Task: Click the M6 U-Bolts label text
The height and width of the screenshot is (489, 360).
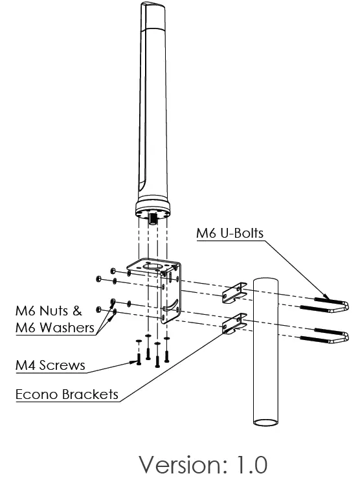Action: pyautogui.click(x=230, y=233)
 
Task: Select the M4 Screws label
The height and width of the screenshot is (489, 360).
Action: pyautogui.click(x=50, y=365)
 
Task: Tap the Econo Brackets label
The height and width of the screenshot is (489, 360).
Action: pyautogui.click(x=67, y=394)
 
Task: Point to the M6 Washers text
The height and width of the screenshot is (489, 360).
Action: pyautogui.click(x=55, y=328)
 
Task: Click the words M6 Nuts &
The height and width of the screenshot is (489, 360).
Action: pyautogui.click(x=49, y=311)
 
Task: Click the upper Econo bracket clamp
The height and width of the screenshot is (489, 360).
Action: pyautogui.click(x=234, y=293)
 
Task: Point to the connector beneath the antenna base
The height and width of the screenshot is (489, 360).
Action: pyautogui.click(x=153, y=221)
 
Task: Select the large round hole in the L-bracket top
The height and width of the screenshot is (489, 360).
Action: pyautogui.click(x=153, y=265)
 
